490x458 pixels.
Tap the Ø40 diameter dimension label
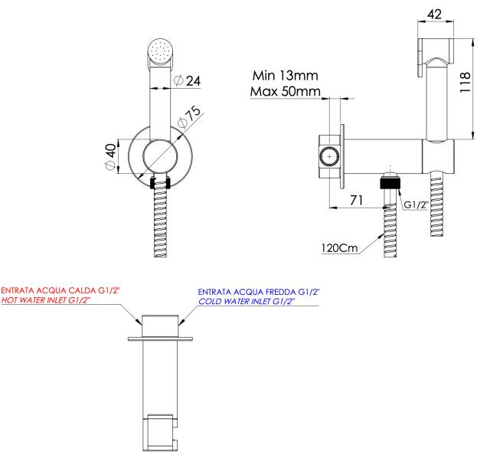pos(110,157)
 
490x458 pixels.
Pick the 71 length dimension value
pos(356,200)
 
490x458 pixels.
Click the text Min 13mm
pos(285,76)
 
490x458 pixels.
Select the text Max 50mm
pos(284,93)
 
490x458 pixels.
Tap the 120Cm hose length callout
pos(340,249)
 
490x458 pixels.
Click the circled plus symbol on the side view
pos(329,157)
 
